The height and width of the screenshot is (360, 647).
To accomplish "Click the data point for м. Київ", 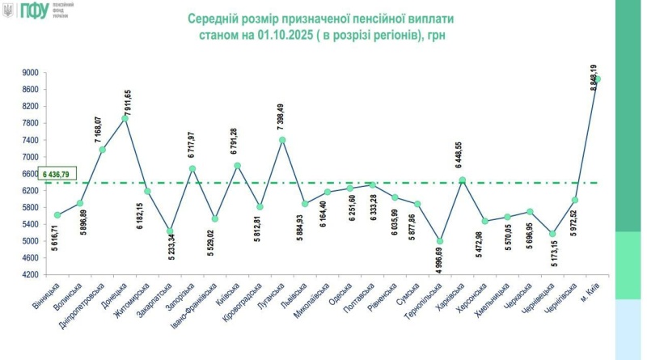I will tap(597, 79).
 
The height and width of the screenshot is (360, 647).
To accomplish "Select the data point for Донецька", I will tap(125, 119).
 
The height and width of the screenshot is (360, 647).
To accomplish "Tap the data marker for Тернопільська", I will tap(440, 241).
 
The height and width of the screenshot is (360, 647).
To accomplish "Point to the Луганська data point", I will tap(282, 140).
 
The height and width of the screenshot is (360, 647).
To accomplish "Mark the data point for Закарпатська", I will tap(170, 231).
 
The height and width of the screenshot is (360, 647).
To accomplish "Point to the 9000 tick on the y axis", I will tap(31, 73).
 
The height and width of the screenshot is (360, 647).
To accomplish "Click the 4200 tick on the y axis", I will tap(31, 274).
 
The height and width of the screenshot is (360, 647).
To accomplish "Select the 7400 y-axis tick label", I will tap(31, 140).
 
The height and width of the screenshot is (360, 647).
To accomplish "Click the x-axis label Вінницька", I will tap(47, 299).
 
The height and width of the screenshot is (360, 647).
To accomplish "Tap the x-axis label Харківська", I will tap(451, 300).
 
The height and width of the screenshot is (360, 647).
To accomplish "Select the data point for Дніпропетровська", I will tap(103, 150).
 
